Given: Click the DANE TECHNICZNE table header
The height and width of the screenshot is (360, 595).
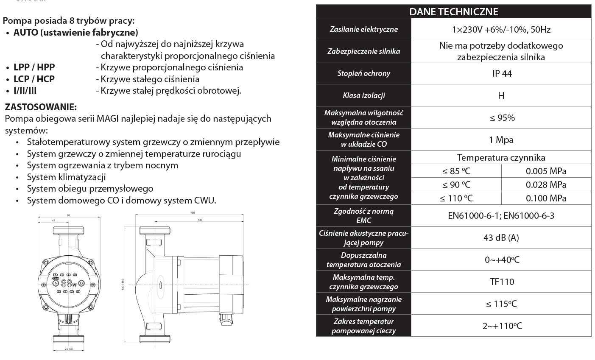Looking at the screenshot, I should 453,11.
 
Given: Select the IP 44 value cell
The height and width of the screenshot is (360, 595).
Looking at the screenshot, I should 502,73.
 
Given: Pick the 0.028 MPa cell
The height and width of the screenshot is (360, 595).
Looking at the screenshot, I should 546,184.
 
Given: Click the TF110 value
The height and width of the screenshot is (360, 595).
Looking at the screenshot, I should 501,282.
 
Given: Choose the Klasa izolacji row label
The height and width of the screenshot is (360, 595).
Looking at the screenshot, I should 363,95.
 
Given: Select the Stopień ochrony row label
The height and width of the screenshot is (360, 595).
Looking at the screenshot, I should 363,73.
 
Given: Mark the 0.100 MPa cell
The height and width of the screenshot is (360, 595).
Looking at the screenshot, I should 546,198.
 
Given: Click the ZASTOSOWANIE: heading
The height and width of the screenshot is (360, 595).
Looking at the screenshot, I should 40,106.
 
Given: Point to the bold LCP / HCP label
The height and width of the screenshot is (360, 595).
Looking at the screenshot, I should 34,79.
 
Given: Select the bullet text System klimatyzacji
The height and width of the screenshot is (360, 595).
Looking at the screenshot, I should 66,177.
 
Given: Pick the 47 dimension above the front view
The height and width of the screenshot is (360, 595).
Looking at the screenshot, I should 53,221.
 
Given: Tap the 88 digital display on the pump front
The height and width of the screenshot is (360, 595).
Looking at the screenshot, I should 66,284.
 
